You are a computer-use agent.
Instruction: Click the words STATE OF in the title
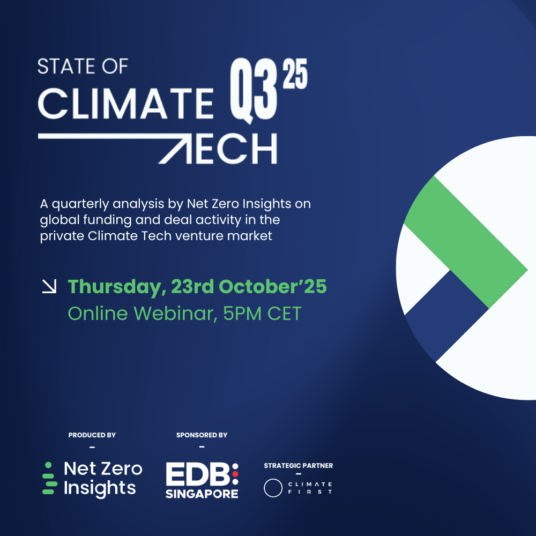[83, 66]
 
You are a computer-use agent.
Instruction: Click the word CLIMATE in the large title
[126, 103]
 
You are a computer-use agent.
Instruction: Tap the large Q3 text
[254, 90]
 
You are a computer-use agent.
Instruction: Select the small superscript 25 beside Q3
[295, 73]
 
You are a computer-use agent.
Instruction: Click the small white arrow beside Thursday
[49, 286]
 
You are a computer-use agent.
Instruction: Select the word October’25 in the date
[272, 286]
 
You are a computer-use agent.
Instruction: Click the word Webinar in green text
[175, 314]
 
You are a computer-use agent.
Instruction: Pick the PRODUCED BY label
[92, 435]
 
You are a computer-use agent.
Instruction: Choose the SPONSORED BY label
[202, 435]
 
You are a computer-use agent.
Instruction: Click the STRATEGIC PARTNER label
[299, 466]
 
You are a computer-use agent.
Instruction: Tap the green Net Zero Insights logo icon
[49, 478]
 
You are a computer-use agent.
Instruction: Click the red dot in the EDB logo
[235, 474]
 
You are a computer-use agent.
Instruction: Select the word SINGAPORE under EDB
[202, 494]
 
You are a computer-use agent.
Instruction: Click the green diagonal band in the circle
[466, 242]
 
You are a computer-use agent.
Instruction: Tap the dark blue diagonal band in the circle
[446, 316]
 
